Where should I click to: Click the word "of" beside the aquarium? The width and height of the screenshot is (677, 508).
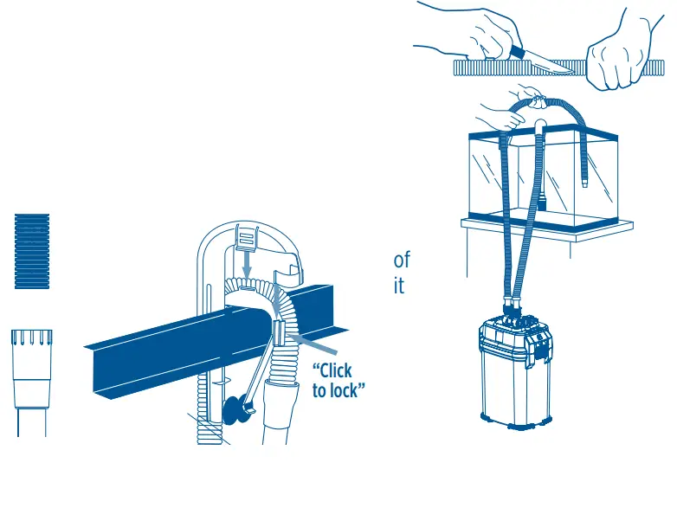point(402,260)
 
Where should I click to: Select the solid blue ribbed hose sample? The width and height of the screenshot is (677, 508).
point(32,251)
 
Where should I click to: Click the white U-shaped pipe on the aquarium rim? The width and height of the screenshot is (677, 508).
point(538,130)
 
